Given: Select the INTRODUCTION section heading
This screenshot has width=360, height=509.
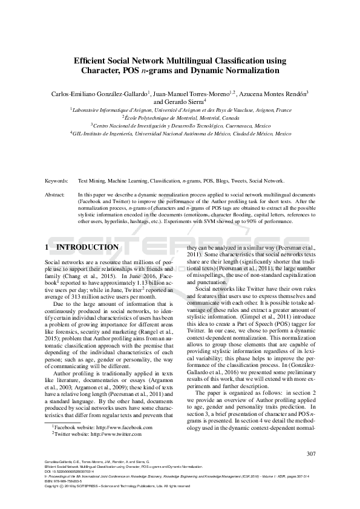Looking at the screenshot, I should click(87, 248).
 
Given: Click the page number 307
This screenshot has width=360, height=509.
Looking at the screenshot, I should click(311, 454).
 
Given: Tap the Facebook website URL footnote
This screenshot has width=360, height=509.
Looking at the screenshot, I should click(101, 444).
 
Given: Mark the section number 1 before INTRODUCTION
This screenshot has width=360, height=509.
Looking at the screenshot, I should click(47, 248).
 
